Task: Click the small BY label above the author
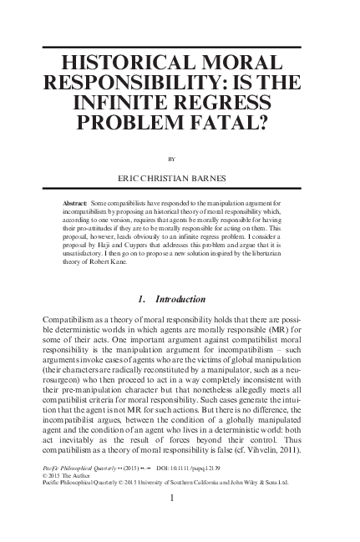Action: point(180,156)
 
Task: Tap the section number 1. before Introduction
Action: point(139,299)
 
